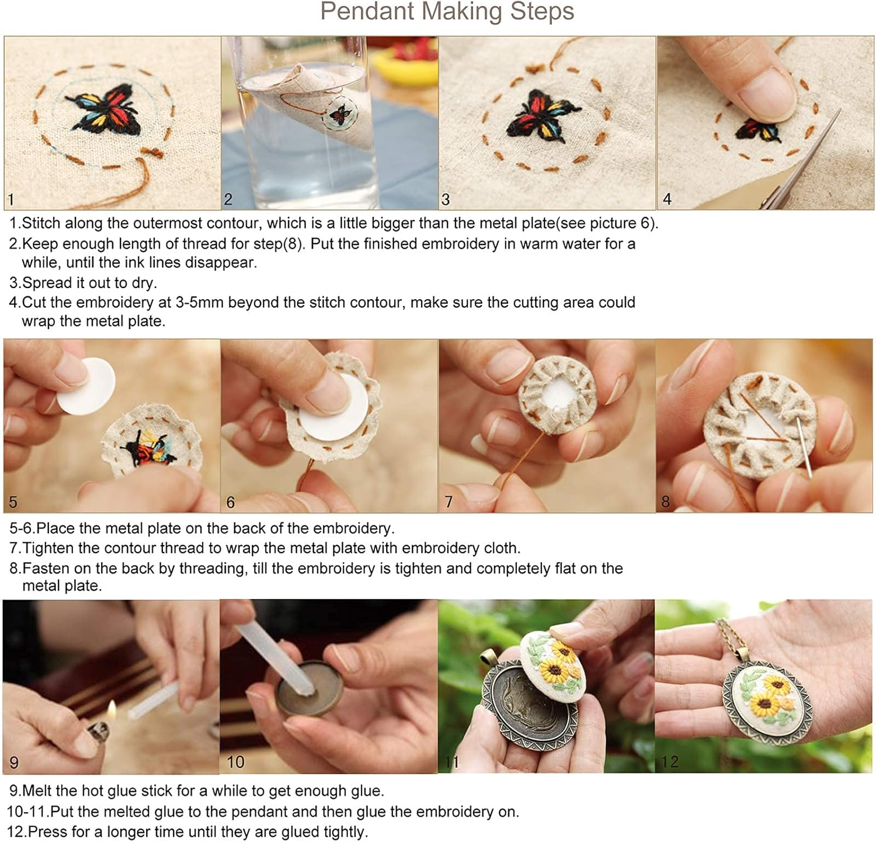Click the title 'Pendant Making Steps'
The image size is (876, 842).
(447, 12)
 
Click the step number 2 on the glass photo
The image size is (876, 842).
(228, 199)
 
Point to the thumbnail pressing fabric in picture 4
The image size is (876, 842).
(766, 93)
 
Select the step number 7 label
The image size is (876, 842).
(449, 502)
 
